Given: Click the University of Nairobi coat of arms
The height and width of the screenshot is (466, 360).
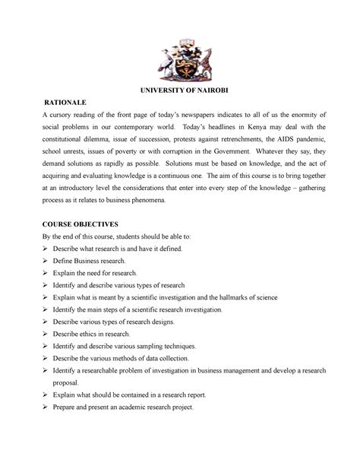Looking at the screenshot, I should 180,55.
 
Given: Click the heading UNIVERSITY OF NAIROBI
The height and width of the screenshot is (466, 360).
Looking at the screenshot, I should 180,90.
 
